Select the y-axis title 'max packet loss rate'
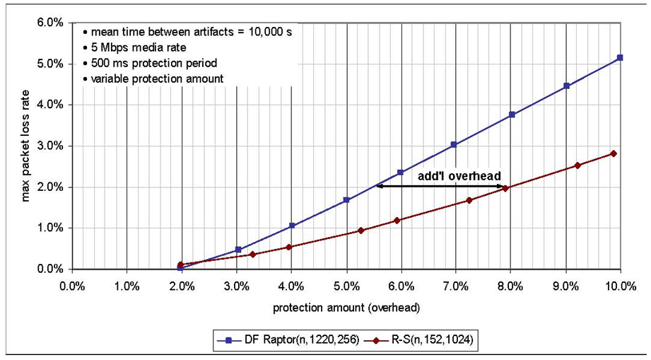25,145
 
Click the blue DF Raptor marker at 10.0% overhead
620,57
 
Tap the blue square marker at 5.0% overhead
346,200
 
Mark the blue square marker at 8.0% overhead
512,115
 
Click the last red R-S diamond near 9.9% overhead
614,153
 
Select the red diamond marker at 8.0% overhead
505,188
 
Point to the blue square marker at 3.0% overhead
238,250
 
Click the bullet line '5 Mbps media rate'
134,49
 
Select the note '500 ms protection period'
150,64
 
